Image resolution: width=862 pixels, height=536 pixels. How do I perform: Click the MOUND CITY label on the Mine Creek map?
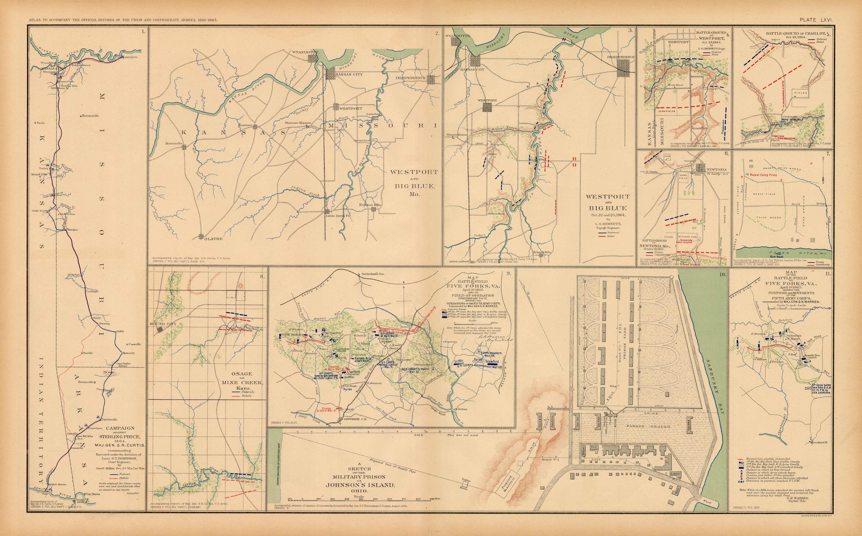pyautogui.click(x=161, y=324)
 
